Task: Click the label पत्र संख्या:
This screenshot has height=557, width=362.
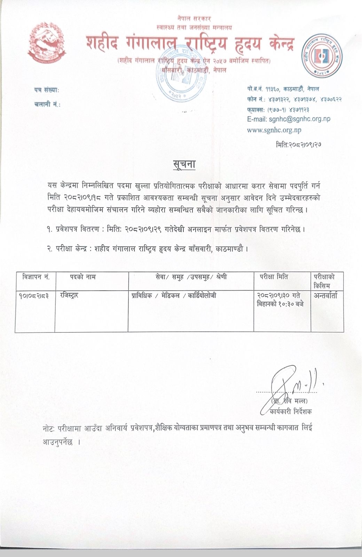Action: pyautogui.click(x=46, y=91)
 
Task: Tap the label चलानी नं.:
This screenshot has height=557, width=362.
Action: pyautogui.click(x=47, y=104)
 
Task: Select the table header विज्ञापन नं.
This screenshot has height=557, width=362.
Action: pyautogui.click(x=35, y=277)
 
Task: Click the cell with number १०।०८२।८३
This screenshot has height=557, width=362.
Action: pyautogui.click(x=34, y=296)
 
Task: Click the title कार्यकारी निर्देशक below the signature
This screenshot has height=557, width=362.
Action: pyautogui.click(x=291, y=412)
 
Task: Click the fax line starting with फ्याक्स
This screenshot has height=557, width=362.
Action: pyautogui.click(x=284, y=109)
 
